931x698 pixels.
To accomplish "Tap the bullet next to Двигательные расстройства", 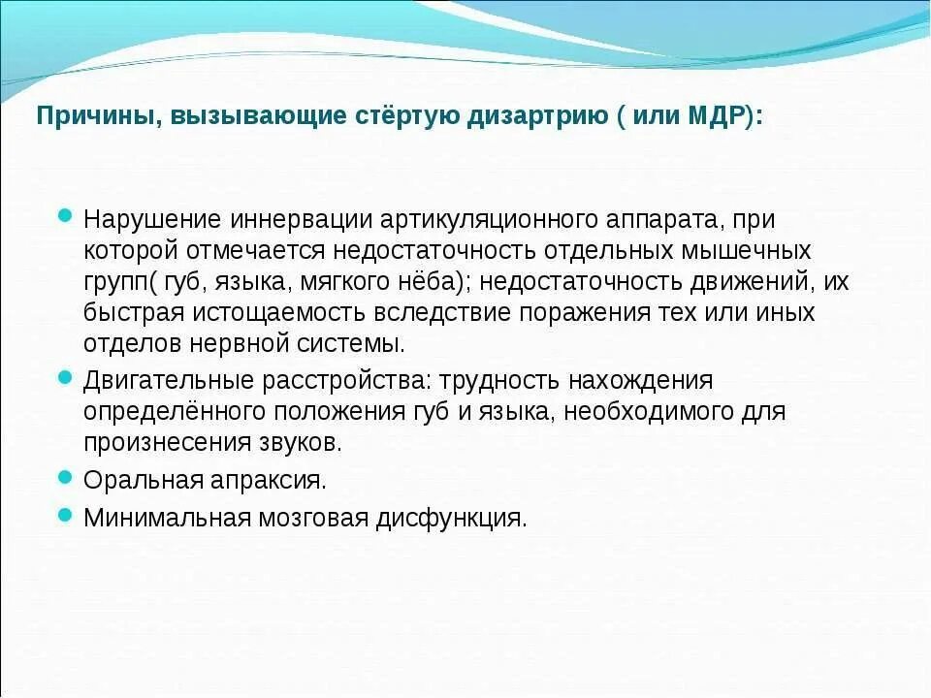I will click(x=66, y=375).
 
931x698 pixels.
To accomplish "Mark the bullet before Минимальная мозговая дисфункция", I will click(x=66, y=515).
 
